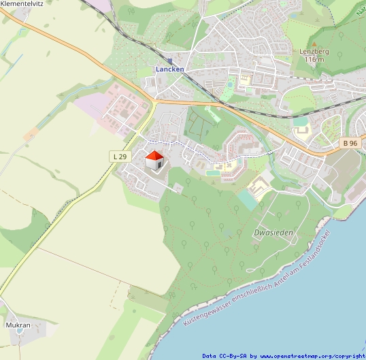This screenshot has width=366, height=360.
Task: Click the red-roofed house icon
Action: point(154,161)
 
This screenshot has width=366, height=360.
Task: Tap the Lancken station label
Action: point(169,69)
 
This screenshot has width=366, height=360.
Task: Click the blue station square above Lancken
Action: point(169,61)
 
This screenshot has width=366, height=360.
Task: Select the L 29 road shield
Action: point(119,157)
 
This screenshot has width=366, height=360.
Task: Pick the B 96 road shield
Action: point(350,143)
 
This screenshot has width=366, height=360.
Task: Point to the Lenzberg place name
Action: point(314,52)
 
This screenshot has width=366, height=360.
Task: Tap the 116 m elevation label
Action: point(314,60)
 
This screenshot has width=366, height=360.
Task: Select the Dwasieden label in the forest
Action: point(273,233)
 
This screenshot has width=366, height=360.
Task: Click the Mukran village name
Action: point(18,325)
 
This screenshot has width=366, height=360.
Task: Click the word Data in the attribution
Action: point(210,356)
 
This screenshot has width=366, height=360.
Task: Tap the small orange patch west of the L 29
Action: point(31,135)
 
